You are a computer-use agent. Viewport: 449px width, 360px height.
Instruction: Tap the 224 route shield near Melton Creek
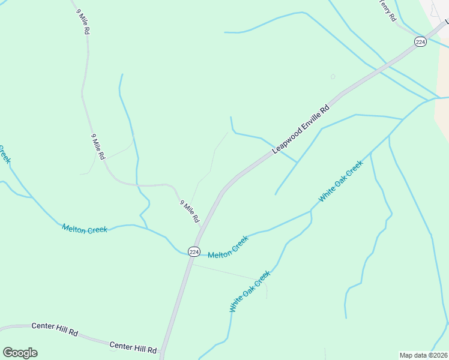pos(194,252)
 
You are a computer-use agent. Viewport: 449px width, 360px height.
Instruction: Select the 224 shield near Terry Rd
pos(420,41)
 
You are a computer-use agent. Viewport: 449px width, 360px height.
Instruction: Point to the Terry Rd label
pos(387,11)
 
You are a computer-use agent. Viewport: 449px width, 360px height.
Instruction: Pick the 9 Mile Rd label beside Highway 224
pos(189,211)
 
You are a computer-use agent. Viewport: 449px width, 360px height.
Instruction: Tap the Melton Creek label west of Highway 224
pos(85,229)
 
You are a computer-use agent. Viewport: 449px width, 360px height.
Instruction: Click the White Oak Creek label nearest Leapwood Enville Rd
pos(341,181)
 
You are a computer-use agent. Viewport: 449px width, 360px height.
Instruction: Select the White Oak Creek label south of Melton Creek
pos(250,291)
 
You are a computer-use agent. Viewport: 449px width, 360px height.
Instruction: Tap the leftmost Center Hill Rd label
pos(55,330)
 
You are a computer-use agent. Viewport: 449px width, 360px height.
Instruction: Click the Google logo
pos(20,353)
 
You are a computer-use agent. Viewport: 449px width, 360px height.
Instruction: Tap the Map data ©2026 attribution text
pos(423,355)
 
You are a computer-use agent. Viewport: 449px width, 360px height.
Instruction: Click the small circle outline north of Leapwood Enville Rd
pos(333,76)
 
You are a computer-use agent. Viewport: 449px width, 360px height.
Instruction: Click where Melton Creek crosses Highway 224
pos(188,254)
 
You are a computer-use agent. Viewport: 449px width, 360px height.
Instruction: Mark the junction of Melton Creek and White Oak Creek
pos(311,211)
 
